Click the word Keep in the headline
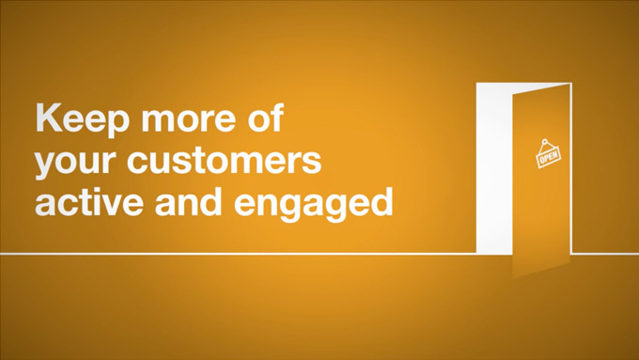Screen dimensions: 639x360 (x=82, y=120)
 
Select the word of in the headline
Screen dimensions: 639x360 (x=266, y=117)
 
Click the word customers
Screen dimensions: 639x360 (x=225, y=160)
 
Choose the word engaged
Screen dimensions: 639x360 (x=313, y=204)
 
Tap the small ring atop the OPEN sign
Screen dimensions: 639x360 (x=544, y=141)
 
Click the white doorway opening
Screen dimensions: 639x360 (x=494, y=168)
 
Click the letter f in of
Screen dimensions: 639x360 (x=277, y=117)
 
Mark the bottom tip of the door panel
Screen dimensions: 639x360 (x=513, y=279)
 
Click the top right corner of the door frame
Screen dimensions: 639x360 (x=571, y=83)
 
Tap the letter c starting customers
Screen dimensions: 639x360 (x=137, y=163)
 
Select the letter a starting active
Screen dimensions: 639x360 (x=46, y=205)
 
